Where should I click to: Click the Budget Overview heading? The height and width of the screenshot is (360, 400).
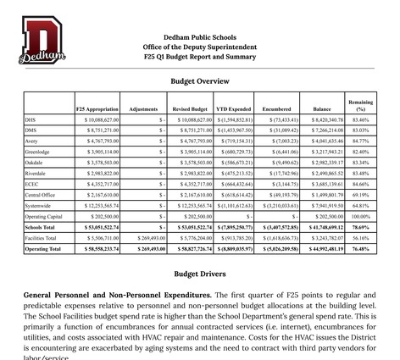tap(200, 81)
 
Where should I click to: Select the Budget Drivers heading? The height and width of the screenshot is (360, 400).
tap(200, 274)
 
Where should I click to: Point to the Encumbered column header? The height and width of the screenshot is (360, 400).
tap(275, 108)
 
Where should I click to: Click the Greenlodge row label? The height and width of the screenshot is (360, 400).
tap(39, 151)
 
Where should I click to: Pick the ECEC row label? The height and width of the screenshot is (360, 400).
tap(32, 183)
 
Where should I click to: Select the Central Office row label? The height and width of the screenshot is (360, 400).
tap(41, 194)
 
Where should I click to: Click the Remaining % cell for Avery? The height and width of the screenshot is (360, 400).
tap(360, 141)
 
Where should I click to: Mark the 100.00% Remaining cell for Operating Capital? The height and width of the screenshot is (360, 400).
tap(360, 216)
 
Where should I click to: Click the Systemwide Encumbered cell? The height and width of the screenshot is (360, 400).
tap(277, 205)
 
